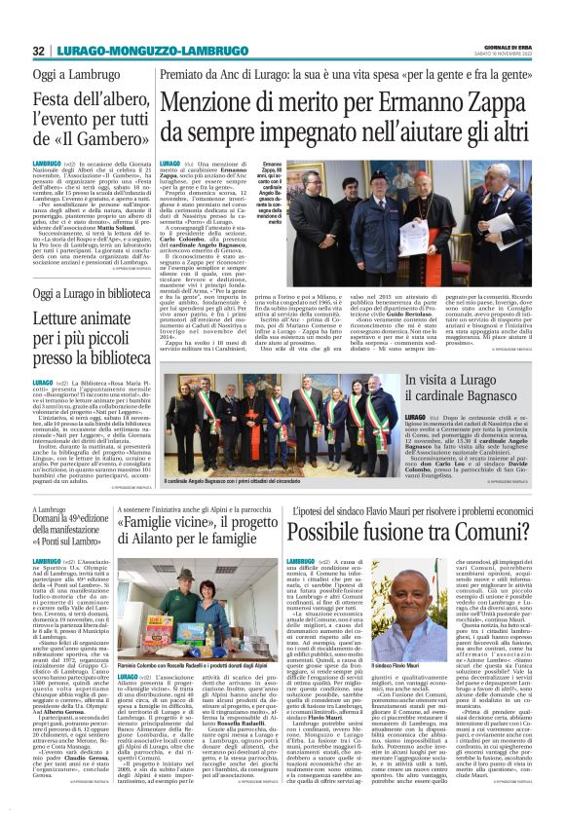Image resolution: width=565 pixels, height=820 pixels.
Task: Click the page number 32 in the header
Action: coord(40,51)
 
